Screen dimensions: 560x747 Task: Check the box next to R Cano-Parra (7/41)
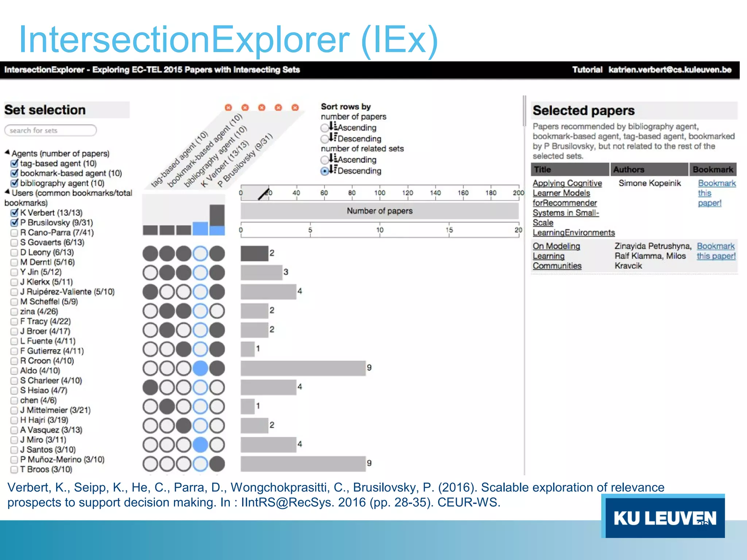coord(14,233)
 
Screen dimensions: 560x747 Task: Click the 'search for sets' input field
coord(50,131)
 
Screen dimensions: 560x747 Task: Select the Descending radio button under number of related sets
coord(325,171)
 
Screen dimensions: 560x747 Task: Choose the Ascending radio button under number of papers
coord(325,128)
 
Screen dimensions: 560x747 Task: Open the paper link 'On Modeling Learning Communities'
coord(557,256)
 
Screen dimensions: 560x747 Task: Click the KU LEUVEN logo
coord(664,518)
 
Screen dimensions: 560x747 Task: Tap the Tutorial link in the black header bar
coord(587,70)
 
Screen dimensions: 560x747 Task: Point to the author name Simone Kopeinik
coord(650,183)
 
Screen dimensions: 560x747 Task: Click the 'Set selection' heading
coord(45,110)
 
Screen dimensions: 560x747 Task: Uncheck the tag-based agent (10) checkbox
coord(15,163)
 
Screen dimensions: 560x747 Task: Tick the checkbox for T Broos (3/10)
coord(14,470)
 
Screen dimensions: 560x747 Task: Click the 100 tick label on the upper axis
coord(380,193)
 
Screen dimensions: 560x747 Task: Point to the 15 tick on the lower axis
coord(449,230)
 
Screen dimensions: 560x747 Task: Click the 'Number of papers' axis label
coord(379,211)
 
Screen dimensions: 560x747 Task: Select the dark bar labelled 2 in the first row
coord(254,253)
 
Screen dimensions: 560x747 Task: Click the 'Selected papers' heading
coord(584,110)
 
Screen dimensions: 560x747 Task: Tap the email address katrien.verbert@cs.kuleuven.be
coord(670,70)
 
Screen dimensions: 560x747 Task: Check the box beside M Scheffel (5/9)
coord(14,302)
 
